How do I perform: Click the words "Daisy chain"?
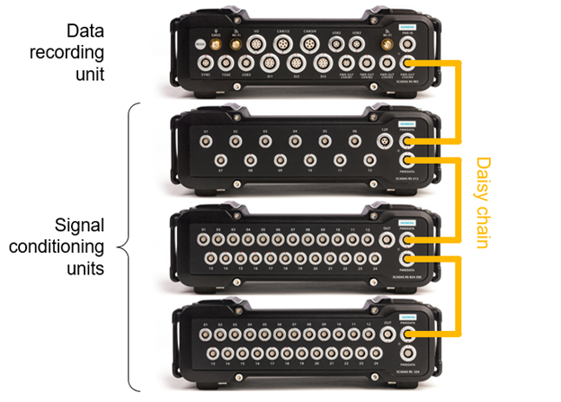[482, 203]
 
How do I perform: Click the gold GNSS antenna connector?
[215, 41]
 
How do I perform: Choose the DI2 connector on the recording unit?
[297, 64]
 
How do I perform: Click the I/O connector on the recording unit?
[257, 41]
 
